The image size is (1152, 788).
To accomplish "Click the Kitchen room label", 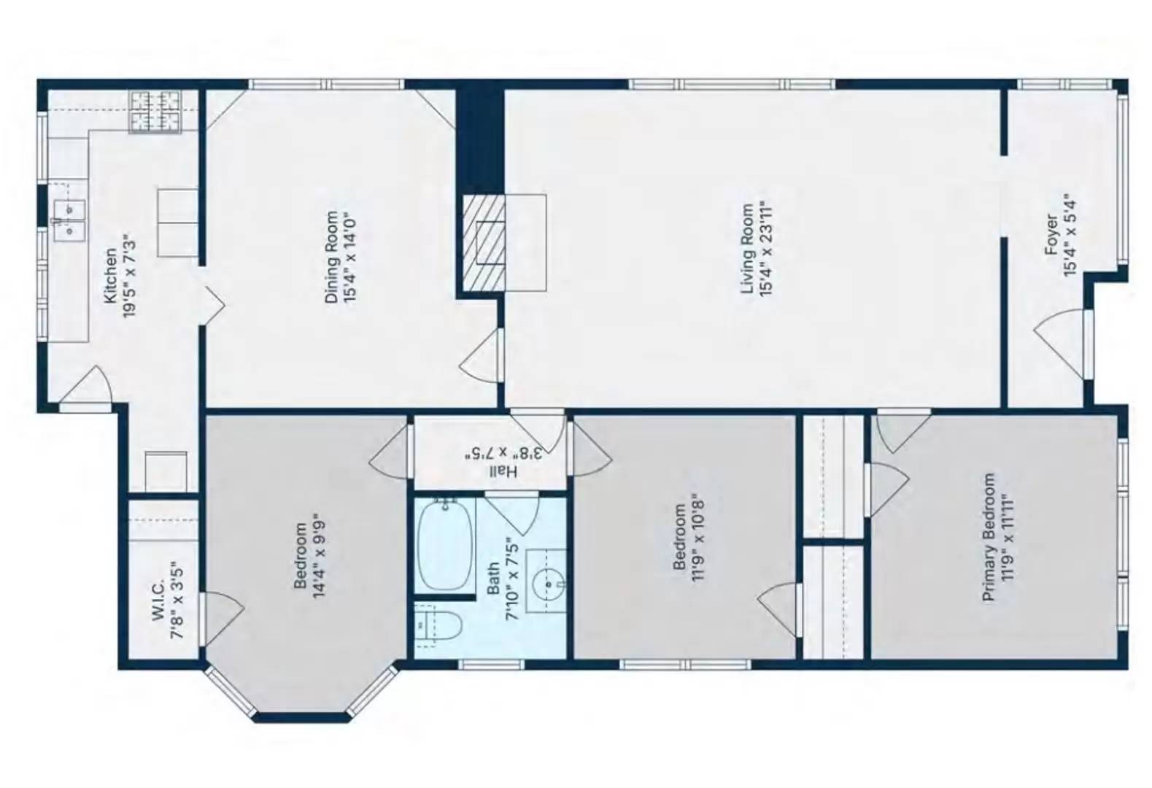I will (x=109, y=276).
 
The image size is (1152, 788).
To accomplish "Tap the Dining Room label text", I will (x=332, y=258).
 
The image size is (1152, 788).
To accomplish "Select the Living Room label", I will (x=748, y=249).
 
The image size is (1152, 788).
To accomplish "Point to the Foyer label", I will (x=1051, y=234).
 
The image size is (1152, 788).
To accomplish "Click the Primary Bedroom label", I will (x=989, y=538).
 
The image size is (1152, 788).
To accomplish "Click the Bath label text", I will (x=493, y=578).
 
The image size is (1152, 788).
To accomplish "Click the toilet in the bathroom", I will (x=439, y=627).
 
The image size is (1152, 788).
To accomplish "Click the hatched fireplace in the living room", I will (x=483, y=243).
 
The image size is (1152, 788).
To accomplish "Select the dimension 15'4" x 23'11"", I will (x=765, y=249).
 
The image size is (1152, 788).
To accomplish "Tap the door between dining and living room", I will (x=484, y=354).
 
